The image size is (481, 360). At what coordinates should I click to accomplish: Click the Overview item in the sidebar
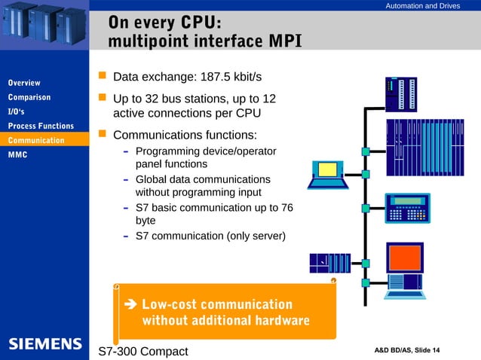coord(24,83)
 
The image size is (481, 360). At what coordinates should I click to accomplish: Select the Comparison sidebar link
coord(29,97)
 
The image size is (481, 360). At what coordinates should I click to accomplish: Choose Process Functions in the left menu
coord(41,126)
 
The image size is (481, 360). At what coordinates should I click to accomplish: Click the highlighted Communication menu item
coord(36,141)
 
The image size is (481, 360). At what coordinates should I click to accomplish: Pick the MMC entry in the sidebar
coord(17,155)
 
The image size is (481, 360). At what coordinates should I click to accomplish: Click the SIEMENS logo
coord(45,344)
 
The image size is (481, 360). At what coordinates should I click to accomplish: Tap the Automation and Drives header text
coord(422,6)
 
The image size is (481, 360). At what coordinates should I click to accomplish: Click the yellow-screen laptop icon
coord(326,172)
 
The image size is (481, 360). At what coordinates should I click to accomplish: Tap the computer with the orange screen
coord(406,267)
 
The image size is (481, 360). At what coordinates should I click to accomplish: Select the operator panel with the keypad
coord(410,208)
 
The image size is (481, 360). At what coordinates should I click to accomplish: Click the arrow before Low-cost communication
coord(128,305)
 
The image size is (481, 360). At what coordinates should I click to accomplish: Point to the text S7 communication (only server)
coord(210,236)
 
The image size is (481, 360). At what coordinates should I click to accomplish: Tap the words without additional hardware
coord(225,322)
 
